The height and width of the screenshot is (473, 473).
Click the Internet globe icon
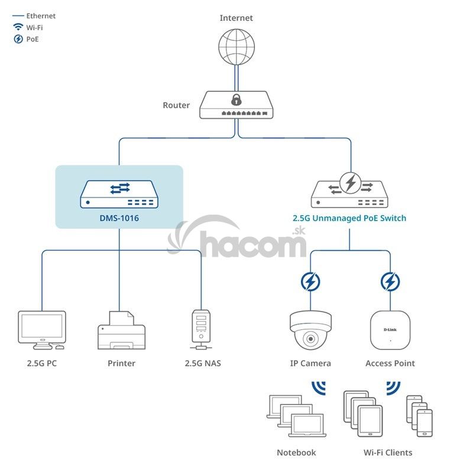coord(237,46)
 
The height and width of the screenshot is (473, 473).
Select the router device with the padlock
coord(237,106)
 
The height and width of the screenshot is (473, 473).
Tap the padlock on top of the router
coord(237,98)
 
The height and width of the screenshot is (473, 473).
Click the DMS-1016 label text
coord(119,218)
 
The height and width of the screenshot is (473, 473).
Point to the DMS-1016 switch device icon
coord(119,195)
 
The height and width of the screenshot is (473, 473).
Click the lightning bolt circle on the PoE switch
coord(350,183)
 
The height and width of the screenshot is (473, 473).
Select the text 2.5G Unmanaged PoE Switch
coord(349,218)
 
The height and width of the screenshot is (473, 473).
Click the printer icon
coord(121,331)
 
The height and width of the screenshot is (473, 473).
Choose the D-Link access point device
coord(390,330)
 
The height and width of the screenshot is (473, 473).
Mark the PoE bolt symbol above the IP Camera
coord(309,282)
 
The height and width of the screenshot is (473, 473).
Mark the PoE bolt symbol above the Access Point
coord(390,282)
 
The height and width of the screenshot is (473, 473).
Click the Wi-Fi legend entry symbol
coord(18,27)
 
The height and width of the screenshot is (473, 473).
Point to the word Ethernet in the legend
coord(41,16)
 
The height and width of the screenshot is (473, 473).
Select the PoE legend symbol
coord(18,39)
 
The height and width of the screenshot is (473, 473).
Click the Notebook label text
coord(296,452)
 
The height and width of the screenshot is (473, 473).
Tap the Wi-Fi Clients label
coord(388,452)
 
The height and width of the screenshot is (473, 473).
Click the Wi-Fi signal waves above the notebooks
coord(319,388)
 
